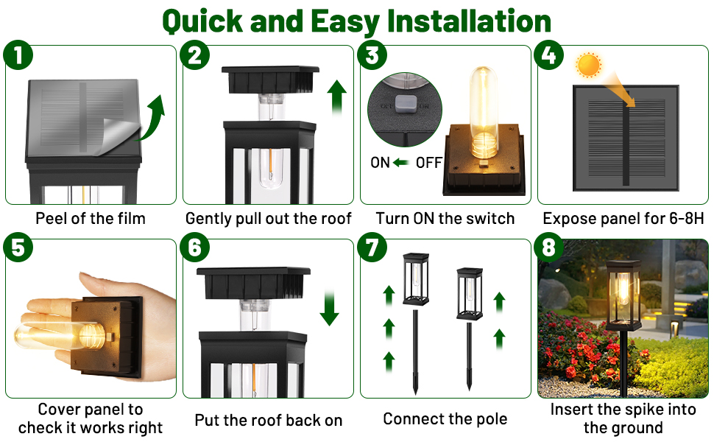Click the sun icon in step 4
(589, 66)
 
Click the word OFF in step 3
(428, 163)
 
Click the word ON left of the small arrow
(381, 163)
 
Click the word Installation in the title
(468, 21)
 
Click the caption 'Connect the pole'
(445, 419)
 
